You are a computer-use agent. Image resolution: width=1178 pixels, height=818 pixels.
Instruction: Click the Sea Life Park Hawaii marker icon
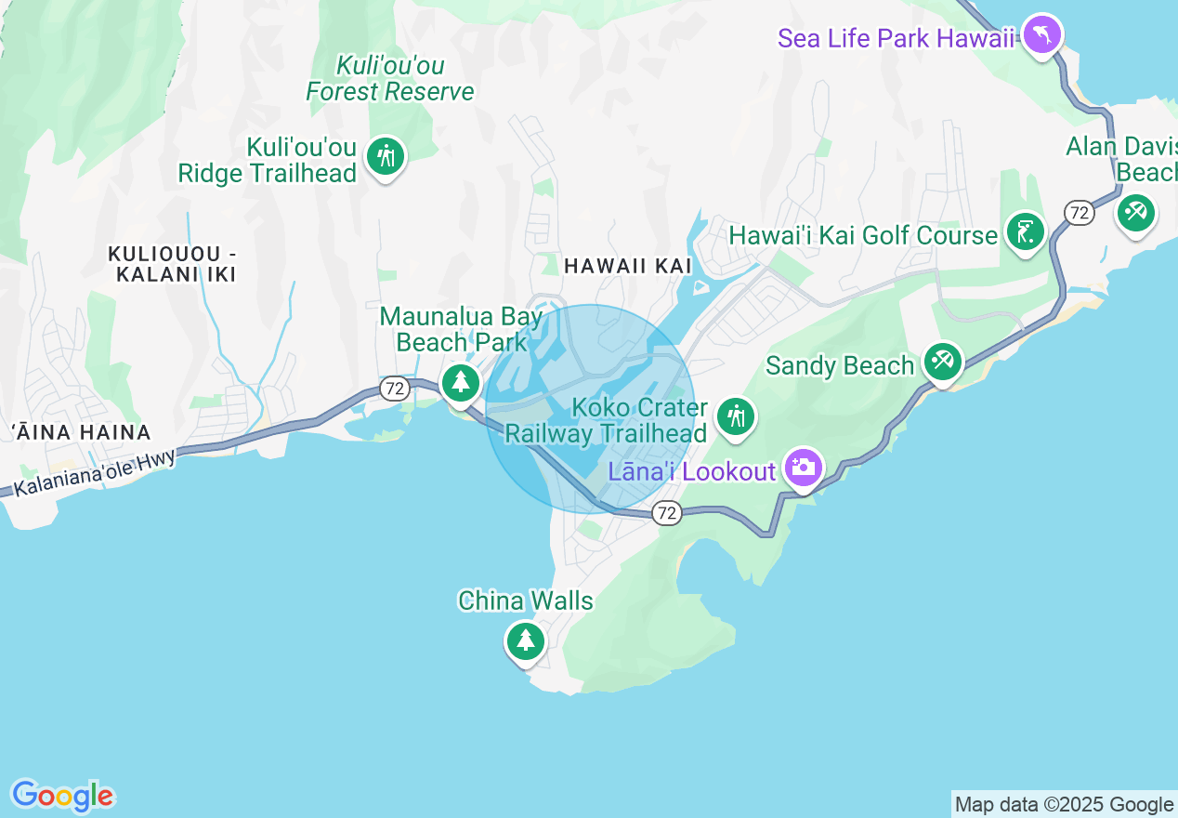coord(1042,35)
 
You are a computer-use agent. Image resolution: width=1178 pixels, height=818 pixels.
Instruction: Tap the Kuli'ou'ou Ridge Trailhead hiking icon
coord(385,156)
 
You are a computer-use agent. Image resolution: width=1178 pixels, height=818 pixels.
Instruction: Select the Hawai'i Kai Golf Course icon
coord(1025,231)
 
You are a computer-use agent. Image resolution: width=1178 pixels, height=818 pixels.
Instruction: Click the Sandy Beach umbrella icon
coord(943,360)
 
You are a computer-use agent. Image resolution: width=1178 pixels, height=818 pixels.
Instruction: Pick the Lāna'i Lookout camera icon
coord(803,468)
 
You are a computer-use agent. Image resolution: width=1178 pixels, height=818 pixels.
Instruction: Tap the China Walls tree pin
coord(525,640)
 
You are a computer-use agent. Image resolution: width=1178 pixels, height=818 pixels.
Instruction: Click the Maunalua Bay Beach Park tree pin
coord(460,382)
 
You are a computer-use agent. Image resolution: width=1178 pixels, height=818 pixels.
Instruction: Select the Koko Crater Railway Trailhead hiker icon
coord(737,416)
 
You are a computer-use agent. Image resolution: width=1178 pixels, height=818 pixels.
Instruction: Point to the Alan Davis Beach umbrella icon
coord(1135,212)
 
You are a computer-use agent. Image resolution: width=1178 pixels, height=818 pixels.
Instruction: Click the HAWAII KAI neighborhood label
coord(628,266)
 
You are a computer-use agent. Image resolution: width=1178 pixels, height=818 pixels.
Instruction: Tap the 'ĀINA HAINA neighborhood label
coord(82,432)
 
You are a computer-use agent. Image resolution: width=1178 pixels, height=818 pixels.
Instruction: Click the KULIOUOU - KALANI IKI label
coord(173,264)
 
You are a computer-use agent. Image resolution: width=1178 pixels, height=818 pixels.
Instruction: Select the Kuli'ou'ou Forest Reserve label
coord(390,79)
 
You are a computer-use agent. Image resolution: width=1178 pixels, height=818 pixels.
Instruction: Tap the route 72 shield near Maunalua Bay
coord(396,389)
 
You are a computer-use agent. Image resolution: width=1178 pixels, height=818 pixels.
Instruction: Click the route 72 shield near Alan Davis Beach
coord(1079,213)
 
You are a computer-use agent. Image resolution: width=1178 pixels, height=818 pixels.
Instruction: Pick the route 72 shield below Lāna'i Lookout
coord(666,512)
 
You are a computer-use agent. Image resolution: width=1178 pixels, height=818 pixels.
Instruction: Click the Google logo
coord(63,796)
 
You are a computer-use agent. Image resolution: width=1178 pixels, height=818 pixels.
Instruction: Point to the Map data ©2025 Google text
coord(1064,804)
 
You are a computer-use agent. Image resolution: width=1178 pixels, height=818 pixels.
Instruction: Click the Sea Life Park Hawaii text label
coord(896,39)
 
